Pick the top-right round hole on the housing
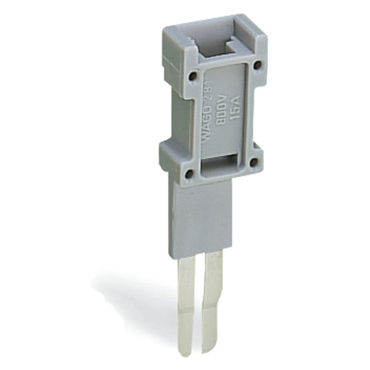point(255,64)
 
